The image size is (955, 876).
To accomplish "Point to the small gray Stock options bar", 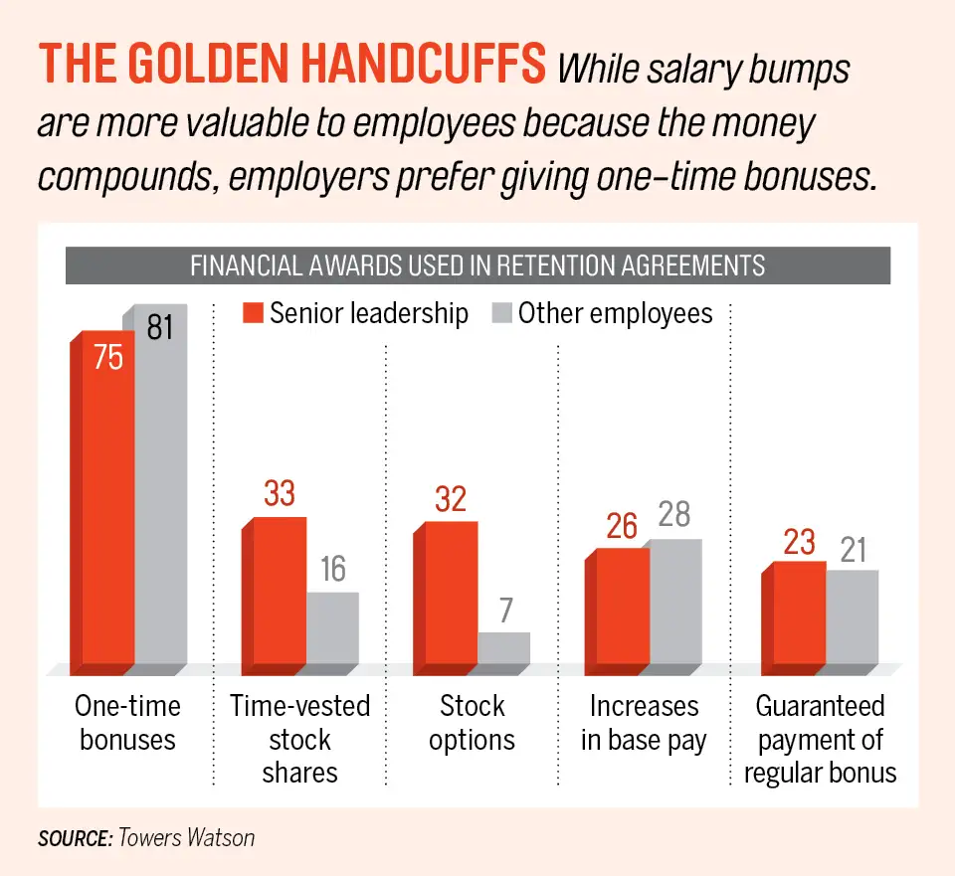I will pyautogui.click(x=503, y=647).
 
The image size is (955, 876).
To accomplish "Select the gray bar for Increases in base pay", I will pyautogui.click(x=674, y=601).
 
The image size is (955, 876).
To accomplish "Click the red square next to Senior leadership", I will pyautogui.click(x=253, y=314).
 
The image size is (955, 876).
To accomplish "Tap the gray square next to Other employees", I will pyautogui.click(x=501, y=314).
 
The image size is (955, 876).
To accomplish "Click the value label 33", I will pyautogui.click(x=280, y=494).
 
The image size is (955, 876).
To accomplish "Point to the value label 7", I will pyautogui.click(x=506, y=610).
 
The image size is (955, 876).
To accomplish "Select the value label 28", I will pyautogui.click(x=674, y=515).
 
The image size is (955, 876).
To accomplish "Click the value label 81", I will pyautogui.click(x=159, y=327).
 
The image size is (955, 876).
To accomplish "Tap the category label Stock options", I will pyautogui.click(x=473, y=723).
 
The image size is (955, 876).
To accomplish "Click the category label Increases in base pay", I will pyautogui.click(x=644, y=723).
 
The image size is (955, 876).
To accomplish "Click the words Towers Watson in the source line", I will pyautogui.click(x=186, y=837).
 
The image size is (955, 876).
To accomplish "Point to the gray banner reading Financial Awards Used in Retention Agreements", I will pyautogui.click(x=477, y=266).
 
